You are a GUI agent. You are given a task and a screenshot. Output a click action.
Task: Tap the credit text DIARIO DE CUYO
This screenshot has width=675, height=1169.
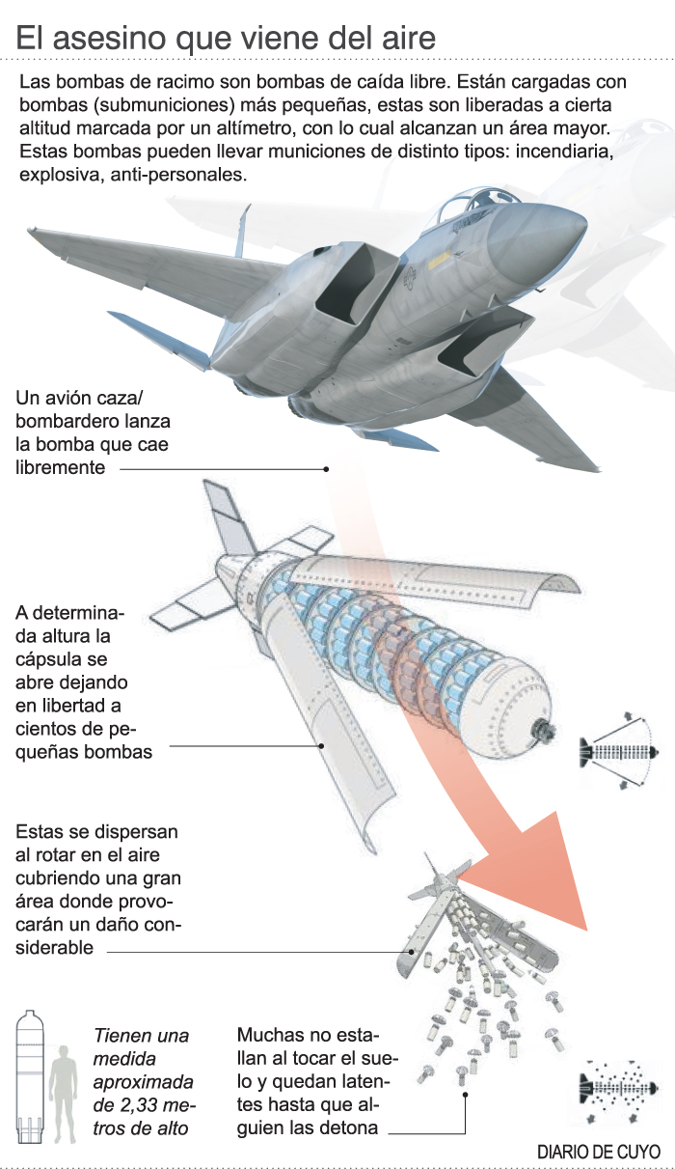599,1153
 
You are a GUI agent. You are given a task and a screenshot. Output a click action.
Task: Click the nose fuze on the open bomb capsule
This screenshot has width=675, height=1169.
545,729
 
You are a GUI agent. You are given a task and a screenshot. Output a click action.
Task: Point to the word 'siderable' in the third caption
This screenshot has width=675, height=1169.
55,948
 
